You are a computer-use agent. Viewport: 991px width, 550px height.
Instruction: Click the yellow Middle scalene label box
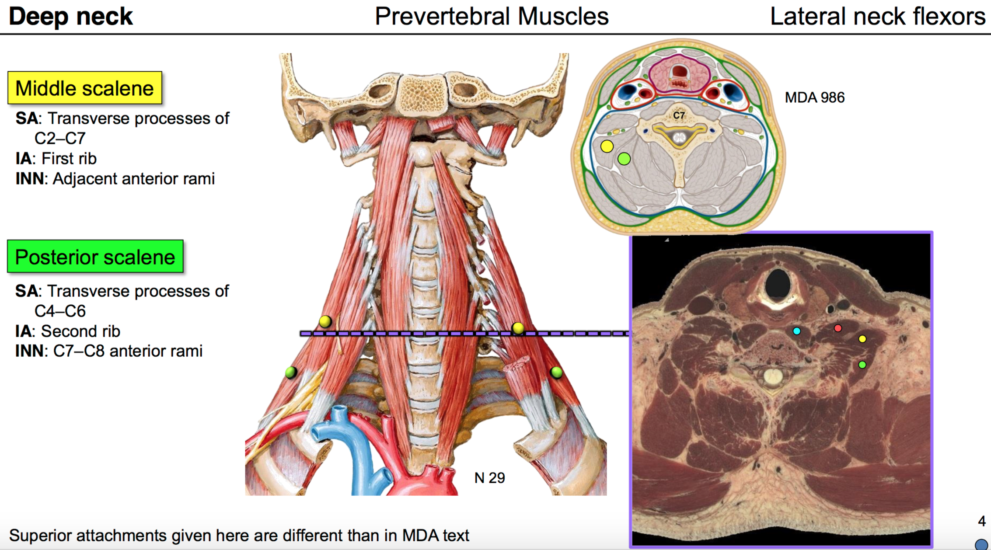click(x=84, y=88)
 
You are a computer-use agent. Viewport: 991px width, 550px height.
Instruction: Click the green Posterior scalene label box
click(x=95, y=257)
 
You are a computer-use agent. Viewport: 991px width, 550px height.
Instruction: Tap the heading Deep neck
click(x=70, y=17)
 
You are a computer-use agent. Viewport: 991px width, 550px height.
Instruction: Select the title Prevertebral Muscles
click(x=491, y=17)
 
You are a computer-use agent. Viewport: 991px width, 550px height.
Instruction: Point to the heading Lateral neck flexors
click(x=877, y=17)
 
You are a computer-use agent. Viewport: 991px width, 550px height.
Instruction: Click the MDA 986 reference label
click(x=814, y=97)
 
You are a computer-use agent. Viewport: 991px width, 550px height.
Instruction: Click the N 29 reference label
click(x=489, y=478)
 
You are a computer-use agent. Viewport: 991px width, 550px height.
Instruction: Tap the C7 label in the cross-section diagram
click(x=678, y=115)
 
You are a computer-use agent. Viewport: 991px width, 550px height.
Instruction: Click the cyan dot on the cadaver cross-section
click(x=796, y=331)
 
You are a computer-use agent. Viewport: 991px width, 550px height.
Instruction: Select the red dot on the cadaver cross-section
click(x=837, y=328)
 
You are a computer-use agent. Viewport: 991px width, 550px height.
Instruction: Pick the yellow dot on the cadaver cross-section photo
click(x=862, y=339)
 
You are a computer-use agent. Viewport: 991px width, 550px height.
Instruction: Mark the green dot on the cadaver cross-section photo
click(x=862, y=365)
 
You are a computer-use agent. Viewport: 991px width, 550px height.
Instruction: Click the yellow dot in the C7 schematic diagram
click(x=607, y=146)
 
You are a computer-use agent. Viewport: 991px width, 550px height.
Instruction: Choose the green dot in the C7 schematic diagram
click(x=624, y=159)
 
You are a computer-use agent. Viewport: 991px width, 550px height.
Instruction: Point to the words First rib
click(x=69, y=159)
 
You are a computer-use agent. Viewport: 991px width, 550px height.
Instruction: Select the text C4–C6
click(x=60, y=311)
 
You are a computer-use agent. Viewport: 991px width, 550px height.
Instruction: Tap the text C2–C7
click(x=60, y=139)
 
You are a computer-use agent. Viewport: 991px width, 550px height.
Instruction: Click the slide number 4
click(x=981, y=521)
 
